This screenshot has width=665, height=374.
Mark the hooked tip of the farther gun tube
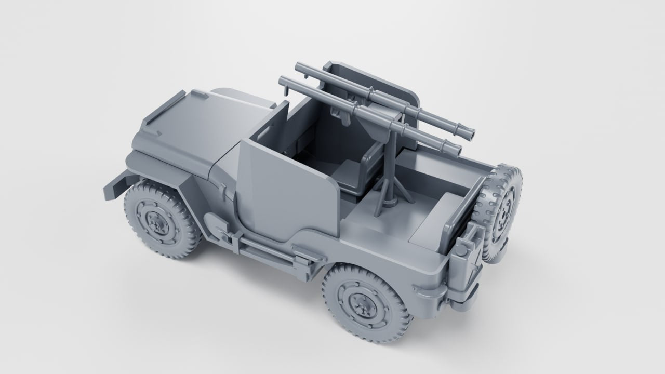click(x=300, y=67)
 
